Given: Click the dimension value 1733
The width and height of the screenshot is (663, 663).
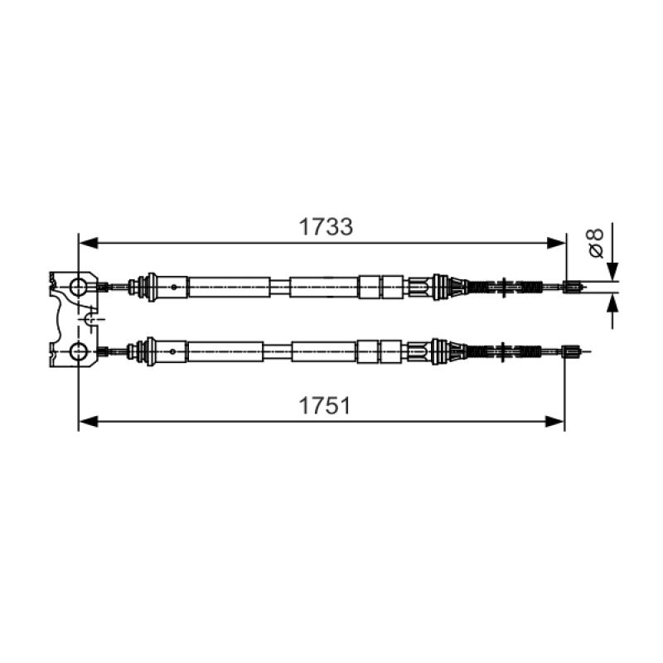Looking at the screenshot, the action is [326, 227].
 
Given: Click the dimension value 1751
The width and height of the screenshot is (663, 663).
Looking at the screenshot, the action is [325, 406].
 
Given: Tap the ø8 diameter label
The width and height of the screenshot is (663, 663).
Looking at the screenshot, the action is [596, 243].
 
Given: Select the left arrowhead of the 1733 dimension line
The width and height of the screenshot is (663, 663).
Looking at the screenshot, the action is [89, 243].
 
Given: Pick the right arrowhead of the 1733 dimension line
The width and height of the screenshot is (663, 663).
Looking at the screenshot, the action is [556, 243].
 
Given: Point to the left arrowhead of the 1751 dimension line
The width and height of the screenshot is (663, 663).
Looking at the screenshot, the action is [89, 422].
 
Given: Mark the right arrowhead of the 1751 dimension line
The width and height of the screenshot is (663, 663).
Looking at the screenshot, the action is [554, 422].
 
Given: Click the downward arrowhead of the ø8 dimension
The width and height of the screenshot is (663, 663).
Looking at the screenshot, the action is [612, 272].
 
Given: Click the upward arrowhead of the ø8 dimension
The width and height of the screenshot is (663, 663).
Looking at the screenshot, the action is [612, 302].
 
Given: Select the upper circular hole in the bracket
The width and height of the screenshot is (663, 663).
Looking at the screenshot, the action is [79, 287].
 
